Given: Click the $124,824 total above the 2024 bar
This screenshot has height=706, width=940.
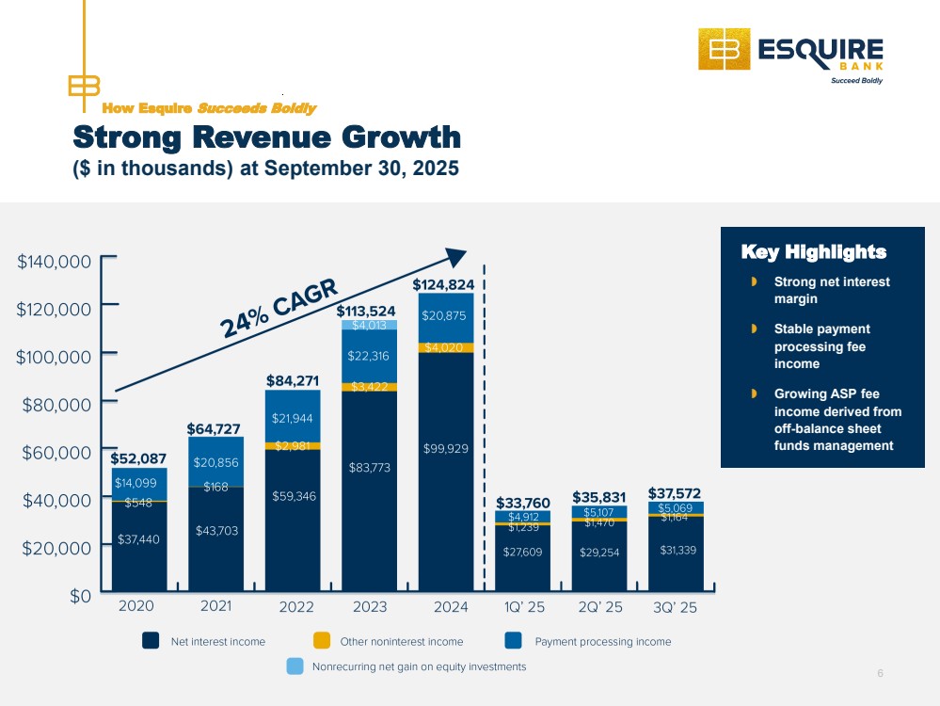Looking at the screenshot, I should pyautogui.click(x=444, y=283).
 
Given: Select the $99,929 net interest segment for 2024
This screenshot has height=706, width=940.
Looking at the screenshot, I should pyautogui.click(x=445, y=448).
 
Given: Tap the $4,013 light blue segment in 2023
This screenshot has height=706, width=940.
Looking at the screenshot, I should pyautogui.click(x=369, y=325).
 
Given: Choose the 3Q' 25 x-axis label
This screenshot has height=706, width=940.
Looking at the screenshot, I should pyautogui.click(x=675, y=607).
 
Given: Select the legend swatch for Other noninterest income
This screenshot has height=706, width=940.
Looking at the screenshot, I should pyautogui.click(x=322, y=641).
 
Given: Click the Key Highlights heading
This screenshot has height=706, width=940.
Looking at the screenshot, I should pyautogui.click(x=813, y=252).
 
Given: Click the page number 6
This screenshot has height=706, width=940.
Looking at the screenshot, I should pyautogui.click(x=880, y=673).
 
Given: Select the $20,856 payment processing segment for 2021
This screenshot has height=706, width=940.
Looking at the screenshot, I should pyautogui.click(x=215, y=462).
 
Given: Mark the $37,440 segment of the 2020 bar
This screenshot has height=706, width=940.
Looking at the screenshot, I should pyautogui.click(x=138, y=539).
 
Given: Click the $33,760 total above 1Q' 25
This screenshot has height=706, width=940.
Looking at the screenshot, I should pyautogui.click(x=523, y=502).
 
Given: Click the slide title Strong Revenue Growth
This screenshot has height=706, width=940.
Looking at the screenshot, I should pyautogui.click(x=267, y=137).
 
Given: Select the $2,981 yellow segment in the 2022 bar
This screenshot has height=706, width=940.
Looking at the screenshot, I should pyautogui.click(x=293, y=446).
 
